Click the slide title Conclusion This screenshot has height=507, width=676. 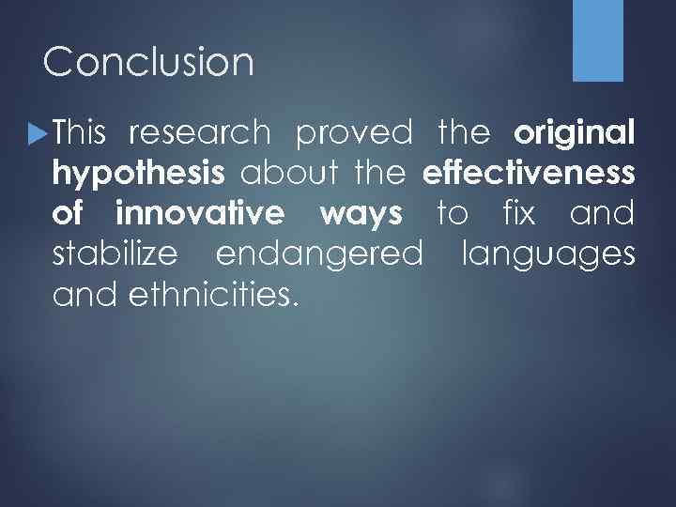point(148,63)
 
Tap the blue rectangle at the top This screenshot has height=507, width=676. point(598,40)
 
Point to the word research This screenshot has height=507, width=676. point(198,133)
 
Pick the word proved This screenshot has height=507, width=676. point(354,133)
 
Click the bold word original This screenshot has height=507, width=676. point(575,133)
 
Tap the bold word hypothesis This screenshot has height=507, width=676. point(139,175)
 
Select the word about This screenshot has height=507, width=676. point(286,174)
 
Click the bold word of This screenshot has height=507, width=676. point(69,214)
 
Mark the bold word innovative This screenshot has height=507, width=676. point(199,214)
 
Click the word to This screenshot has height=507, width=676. point(453,214)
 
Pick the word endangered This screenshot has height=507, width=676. point(319,255)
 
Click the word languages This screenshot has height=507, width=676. point(548,255)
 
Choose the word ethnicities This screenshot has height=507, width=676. point(210,295)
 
